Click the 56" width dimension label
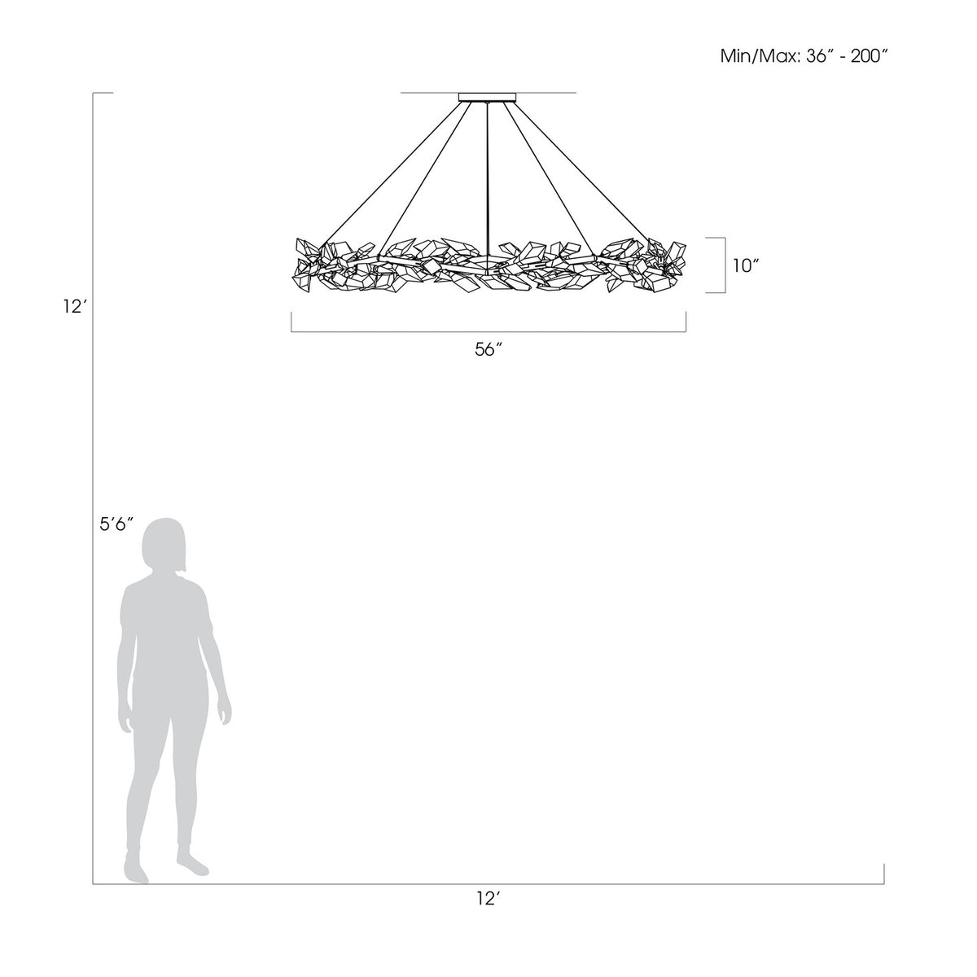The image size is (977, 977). pos(488,350)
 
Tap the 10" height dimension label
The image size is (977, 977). pos(745,265)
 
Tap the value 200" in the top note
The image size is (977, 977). pos(870,56)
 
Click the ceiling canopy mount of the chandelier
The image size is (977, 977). pos(487,97)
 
